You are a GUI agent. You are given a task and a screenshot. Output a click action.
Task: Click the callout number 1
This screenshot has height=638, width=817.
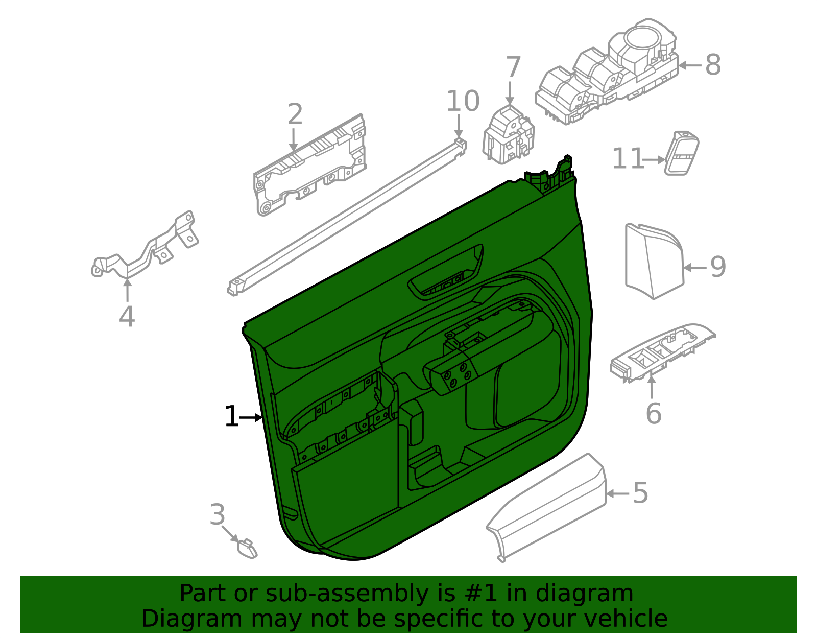[x=231, y=416]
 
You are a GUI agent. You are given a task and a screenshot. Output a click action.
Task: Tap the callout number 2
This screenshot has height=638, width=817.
[x=295, y=114]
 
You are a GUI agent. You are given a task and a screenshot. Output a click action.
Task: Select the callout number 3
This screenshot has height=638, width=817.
[x=218, y=515]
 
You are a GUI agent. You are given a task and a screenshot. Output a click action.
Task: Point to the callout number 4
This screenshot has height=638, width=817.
[x=127, y=317]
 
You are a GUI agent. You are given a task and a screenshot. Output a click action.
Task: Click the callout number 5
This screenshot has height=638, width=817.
[x=641, y=493]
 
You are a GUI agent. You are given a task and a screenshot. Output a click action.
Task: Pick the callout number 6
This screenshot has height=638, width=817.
[x=654, y=413]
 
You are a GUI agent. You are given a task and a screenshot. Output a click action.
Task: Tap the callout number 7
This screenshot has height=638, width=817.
[x=513, y=67]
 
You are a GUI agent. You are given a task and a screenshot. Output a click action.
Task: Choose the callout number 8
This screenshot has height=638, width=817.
[x=713, y=65]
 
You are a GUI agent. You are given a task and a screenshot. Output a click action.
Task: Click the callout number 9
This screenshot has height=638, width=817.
[x=718, y=267]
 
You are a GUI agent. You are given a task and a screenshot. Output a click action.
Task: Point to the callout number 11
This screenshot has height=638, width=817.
[x=628, y=158]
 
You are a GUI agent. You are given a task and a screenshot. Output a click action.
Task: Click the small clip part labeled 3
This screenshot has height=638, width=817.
[x=247, y=549]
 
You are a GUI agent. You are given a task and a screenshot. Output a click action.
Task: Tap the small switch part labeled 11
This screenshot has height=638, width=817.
[x=682, y=153]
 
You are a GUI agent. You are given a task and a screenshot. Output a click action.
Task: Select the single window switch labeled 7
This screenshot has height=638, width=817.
[x=509, y=135]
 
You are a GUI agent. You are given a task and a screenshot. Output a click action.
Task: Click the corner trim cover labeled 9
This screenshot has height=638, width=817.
[x=654, y=262]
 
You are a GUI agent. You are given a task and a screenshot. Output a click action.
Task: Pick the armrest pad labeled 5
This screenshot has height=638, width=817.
[x=546, y=508]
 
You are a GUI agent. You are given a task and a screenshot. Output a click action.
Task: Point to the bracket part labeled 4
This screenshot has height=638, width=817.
[x=145, y=247]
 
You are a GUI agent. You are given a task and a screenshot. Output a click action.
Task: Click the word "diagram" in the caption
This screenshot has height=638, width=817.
[x=584, y=594]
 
